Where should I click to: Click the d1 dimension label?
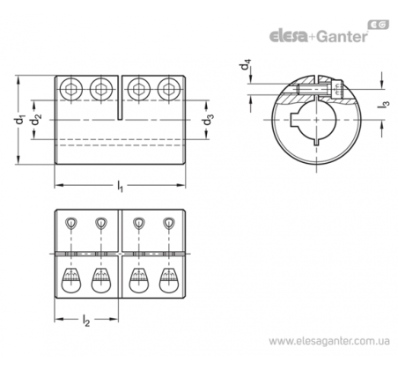19,120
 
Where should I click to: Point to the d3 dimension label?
209,120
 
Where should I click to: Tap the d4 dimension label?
246,64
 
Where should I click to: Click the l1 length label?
120,186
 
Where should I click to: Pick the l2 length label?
85,321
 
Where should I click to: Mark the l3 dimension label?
386,105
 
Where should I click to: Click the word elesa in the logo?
288,36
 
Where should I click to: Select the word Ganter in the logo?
343,36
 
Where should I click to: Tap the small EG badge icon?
379,26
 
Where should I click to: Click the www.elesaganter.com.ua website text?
329,341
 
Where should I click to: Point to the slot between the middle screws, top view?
120,98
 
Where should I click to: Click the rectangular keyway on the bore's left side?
293,120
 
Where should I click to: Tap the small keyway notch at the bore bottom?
316,142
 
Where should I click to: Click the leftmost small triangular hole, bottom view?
71,223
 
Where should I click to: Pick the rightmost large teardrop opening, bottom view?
169,280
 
